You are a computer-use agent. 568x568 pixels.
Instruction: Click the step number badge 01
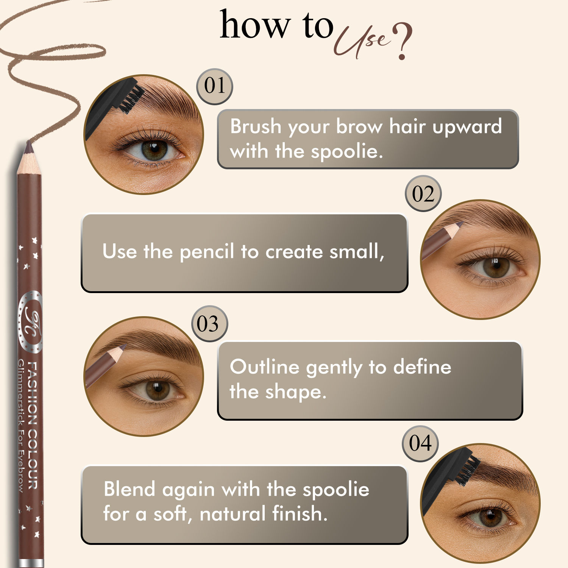point(215,87)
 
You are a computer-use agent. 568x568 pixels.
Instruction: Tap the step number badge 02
point(423,193)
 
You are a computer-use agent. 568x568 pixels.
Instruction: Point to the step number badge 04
point(420,443)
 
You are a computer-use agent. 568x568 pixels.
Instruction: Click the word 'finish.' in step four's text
point(300,513)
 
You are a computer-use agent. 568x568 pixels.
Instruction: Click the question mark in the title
point(402,42)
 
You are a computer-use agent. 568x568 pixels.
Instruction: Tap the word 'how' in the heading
point(254,25)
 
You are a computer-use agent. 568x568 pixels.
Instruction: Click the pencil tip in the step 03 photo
point(123,347)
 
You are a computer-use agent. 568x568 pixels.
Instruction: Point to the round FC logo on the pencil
point(30,322)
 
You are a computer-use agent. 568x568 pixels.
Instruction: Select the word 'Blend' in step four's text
point(129,489)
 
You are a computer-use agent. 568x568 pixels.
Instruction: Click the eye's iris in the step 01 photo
point(154,150)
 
